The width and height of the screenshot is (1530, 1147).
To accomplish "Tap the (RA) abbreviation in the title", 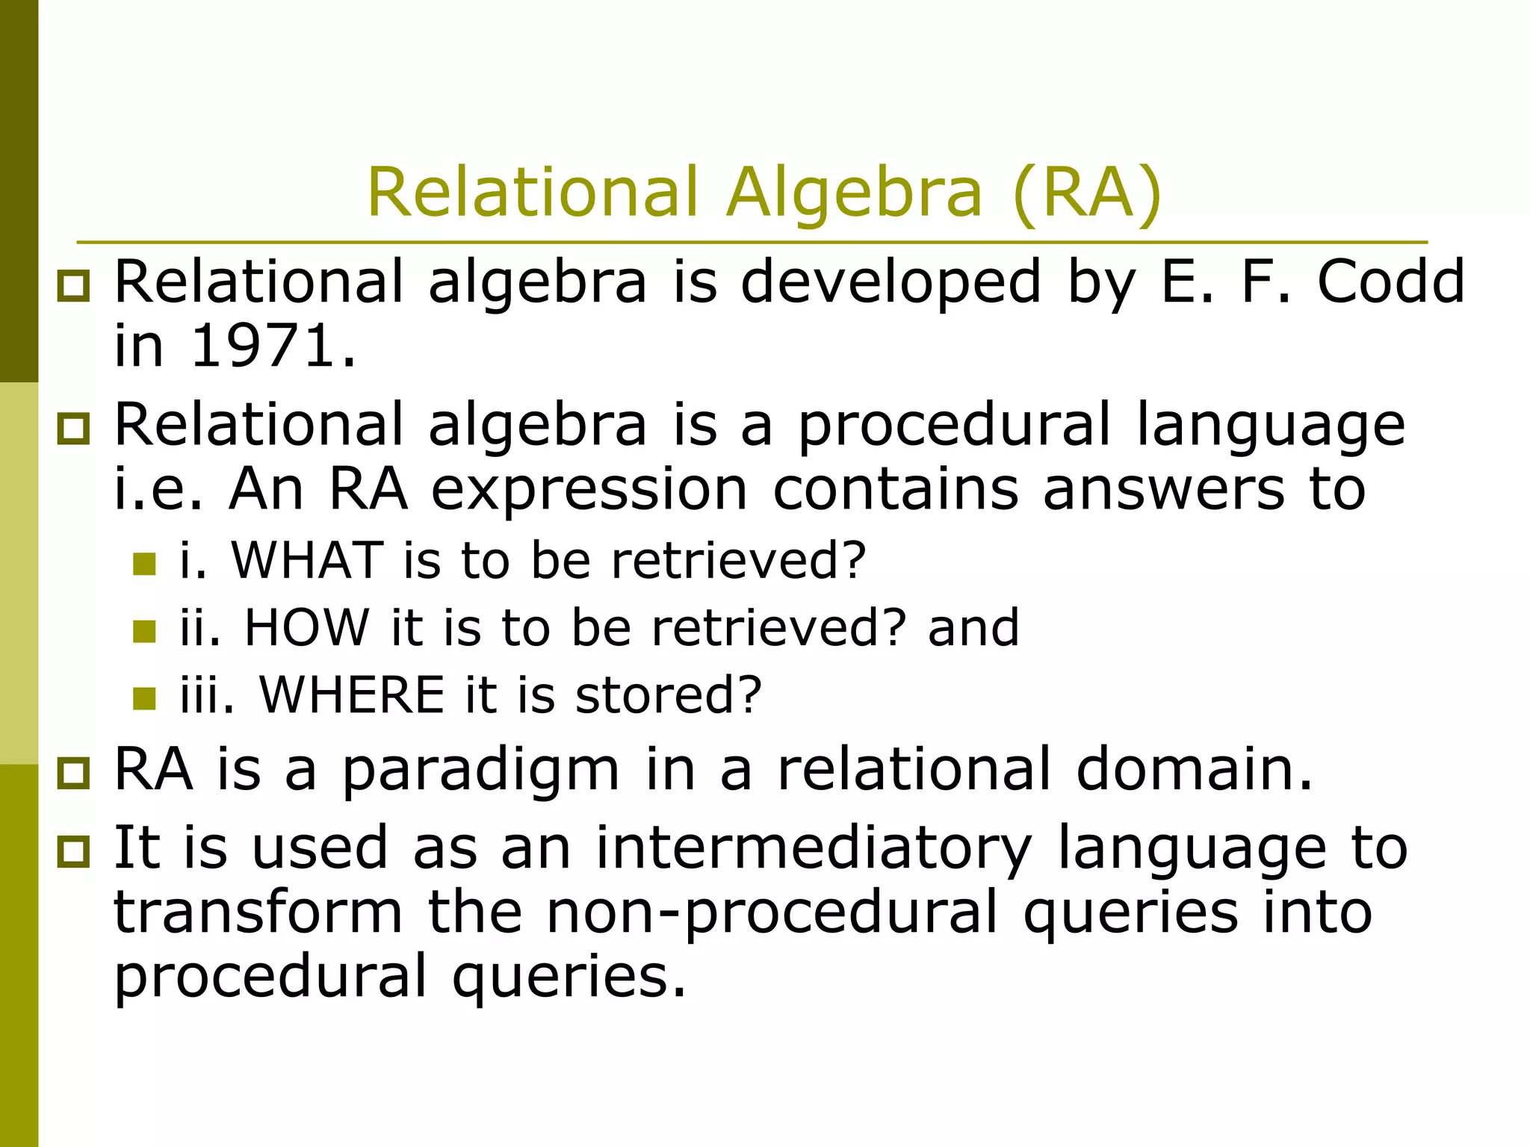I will pyautogui.click(x=1087, y=193).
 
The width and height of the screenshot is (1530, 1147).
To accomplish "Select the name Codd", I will pyautogui.click(x=1390, y=282).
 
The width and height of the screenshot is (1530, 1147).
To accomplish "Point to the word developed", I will pyautogui.click(x=891, y=283).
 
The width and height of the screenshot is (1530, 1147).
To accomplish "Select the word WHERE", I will pyautogui.click(x=351, y=694).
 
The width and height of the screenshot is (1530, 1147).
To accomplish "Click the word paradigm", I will pyautogui.click(x=480, y=771).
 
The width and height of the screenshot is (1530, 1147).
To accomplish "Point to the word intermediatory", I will pyautogui.click(x=814, y=849).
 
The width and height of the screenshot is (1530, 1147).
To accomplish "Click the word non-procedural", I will pyautogui.click(x=772, y=913).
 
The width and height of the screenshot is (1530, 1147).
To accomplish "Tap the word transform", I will pyautogui.click(x=258, y=913).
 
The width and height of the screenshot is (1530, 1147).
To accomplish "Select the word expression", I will pyautogui.click(x=589, y=490).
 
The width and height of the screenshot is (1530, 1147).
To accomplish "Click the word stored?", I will pyautogui.click(x=668, y=694).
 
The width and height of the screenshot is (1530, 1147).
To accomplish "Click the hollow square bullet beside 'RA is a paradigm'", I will pyautogui.click(x=73, y=773).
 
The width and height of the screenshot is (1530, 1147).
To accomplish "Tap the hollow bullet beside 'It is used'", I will pyautogui.click(x=73, y=851).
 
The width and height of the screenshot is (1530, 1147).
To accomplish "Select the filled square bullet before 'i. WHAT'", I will pyautogui.click(x=144, y=564).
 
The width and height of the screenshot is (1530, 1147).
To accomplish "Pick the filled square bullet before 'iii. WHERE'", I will pyautogui.click(x=144, y=699).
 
